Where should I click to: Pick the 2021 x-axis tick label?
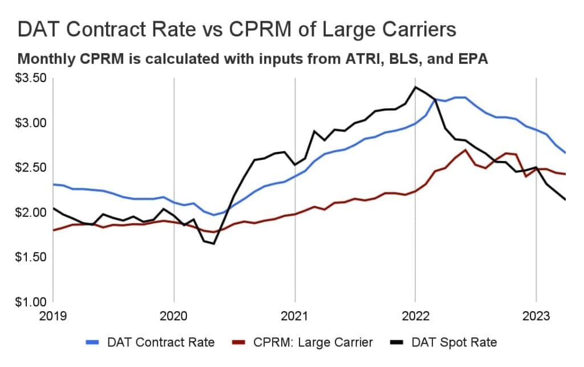(295, 315)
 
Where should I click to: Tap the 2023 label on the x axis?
(536, 315)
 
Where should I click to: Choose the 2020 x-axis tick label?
(174, 315)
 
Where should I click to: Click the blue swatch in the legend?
(95, 342)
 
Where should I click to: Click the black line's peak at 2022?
(415, 87)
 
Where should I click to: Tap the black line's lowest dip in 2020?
(214, 244)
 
